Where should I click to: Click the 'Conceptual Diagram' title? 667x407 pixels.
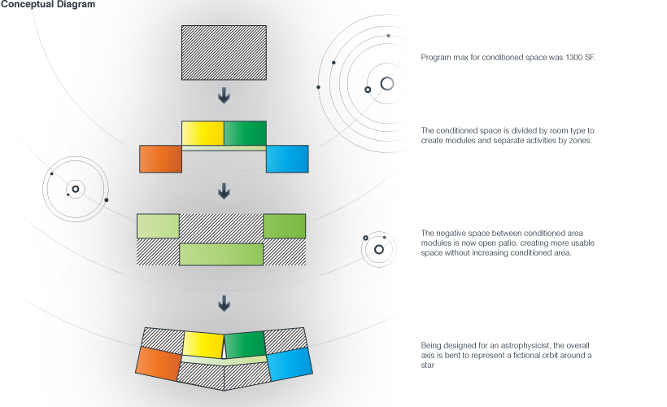click(x=47, y=5)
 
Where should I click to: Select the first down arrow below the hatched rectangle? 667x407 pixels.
click(x=224, y=96)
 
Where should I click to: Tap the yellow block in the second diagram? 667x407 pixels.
click(x=203, y=133)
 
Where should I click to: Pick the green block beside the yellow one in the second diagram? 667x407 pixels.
click(x=245, y=133)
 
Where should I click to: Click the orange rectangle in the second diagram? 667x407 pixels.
click(x=160, y=159)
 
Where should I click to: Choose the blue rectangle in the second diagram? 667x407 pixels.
click(x=288, y=159)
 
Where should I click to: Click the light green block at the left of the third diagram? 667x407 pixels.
click(x=158, y=225)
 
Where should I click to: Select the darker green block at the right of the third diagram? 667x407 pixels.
click(x=284, y=225)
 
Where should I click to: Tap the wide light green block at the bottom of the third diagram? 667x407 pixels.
click(x=221, y=254)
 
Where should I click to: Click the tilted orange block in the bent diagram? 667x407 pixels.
click(x=159, y=363)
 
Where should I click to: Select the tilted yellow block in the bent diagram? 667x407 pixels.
click(x=203, y=344)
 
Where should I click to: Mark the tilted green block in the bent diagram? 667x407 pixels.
click(x=246, y=344)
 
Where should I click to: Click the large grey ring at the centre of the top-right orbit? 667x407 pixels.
click(x=387, y=83)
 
